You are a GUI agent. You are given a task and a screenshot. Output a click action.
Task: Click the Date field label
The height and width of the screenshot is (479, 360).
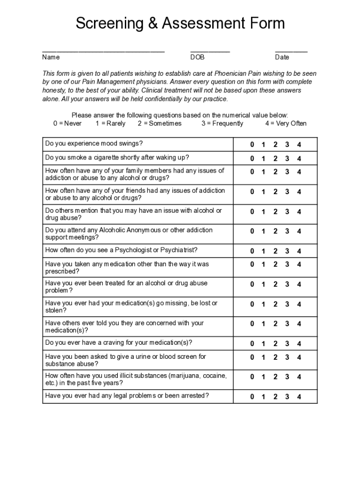[x=282, y=57]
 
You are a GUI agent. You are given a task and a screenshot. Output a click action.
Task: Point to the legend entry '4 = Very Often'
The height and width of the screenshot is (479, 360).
[x=286, y=123]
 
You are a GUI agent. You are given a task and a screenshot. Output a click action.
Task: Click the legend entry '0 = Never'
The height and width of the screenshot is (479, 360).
[x=67, y=123]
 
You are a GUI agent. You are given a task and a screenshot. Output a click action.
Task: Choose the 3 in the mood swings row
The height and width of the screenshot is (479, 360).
[x=287, y=145]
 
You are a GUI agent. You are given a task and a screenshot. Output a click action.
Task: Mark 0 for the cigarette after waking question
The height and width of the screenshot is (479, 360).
[x=252, y=159]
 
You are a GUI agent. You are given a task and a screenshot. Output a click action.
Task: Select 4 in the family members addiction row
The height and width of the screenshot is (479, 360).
[x=299, y=172]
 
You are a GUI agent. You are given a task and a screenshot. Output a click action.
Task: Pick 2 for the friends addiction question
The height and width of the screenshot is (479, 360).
[x=275, y=192]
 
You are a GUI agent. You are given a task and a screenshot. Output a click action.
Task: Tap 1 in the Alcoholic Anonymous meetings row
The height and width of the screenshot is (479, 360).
[x=263, y=232]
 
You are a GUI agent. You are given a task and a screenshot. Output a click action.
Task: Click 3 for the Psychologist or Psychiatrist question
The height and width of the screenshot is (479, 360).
[x=287, y=251]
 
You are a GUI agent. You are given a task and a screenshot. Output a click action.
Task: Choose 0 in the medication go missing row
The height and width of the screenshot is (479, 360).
[x=252, y=305]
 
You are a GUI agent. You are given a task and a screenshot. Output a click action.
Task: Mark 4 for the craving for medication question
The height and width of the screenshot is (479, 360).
[x=299, y=344]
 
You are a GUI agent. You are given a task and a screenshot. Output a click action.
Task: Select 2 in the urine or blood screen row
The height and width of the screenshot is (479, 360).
[x=275, y=357]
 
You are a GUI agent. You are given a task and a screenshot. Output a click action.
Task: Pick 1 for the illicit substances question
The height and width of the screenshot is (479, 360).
[x=263, y=377]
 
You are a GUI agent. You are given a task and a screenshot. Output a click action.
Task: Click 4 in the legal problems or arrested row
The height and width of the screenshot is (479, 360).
[x=299, y=397]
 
